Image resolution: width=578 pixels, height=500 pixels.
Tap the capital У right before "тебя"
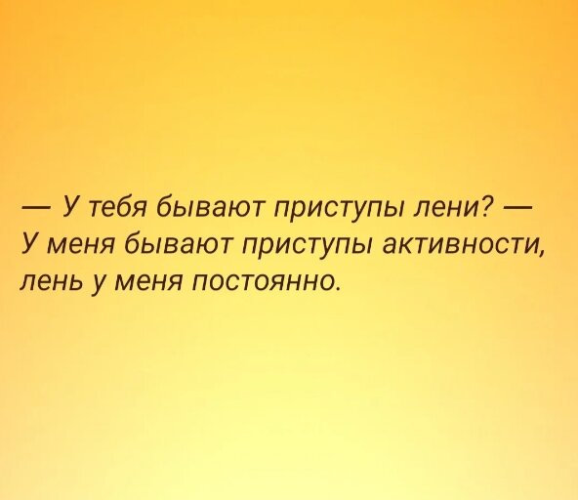pyautogui.click(x=70, y=204)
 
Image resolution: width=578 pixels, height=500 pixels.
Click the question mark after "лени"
pyautogui.click(x=487, y=205)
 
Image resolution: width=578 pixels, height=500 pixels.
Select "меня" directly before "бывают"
pyautogui.click(x=77, y=245)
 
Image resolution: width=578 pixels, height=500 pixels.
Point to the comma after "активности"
pyautogui.click(x=540, y=255)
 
